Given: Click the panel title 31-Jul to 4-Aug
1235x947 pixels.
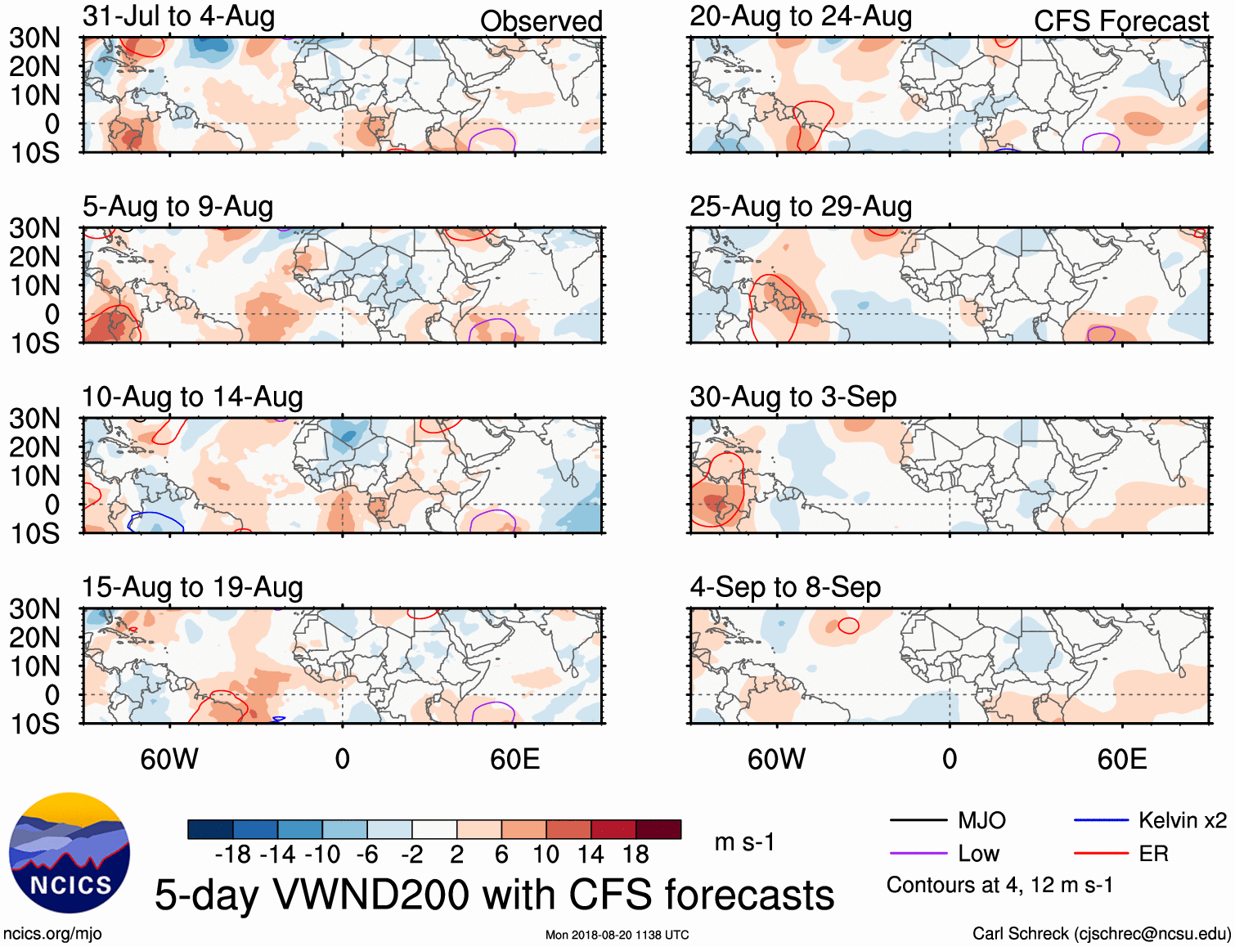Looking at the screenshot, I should [x=178, y=16].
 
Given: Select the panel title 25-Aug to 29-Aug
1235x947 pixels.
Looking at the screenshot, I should [x=801, y=207].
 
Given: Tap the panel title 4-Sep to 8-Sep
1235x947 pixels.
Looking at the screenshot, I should [x=785, y=587].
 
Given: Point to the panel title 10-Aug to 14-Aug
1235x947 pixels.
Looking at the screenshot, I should [x=192, y=397].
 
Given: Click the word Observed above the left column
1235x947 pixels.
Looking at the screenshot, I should [x=541, y=21].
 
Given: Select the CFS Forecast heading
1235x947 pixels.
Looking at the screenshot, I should [x=1120, y=21].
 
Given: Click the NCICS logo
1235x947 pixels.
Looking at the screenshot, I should [x=70, y=853].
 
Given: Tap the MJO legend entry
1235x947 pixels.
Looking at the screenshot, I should [x=981, y=820].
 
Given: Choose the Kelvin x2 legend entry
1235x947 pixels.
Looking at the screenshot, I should [x=1182, y=820].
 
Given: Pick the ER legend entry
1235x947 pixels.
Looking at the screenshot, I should [x=1153, y=854].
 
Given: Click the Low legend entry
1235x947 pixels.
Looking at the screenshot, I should [x=978, y=854].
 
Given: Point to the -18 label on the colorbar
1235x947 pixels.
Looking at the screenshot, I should [x=233, y=855].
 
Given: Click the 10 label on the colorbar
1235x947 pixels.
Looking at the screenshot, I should [x=546, y=855].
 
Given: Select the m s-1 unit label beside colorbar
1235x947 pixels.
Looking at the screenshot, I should [x=744, y=842].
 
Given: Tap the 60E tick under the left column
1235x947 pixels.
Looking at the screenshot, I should [x=514, y=759].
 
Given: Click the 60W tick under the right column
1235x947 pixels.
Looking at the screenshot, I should [x=776, y=759].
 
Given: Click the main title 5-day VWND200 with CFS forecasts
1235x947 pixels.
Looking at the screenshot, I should [x=494, y=895].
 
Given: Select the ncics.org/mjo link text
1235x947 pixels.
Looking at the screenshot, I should [x=52, y=934].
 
